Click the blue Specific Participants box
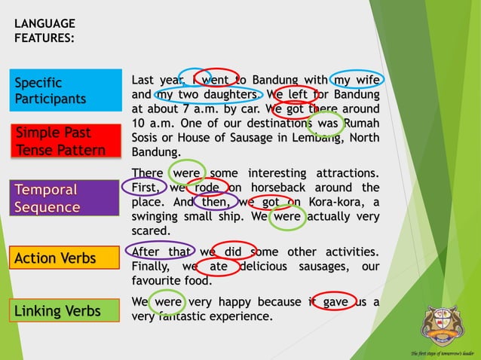(x=66, y=90)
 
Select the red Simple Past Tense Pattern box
(x=66, y=141)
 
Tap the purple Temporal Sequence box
(x=66, y=197)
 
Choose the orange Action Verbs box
(x=66, y=258)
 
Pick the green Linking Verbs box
(x=66, y=310)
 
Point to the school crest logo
(x=443, y=325)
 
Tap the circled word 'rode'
(x=207, y=188)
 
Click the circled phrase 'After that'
(x=161, y=252)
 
